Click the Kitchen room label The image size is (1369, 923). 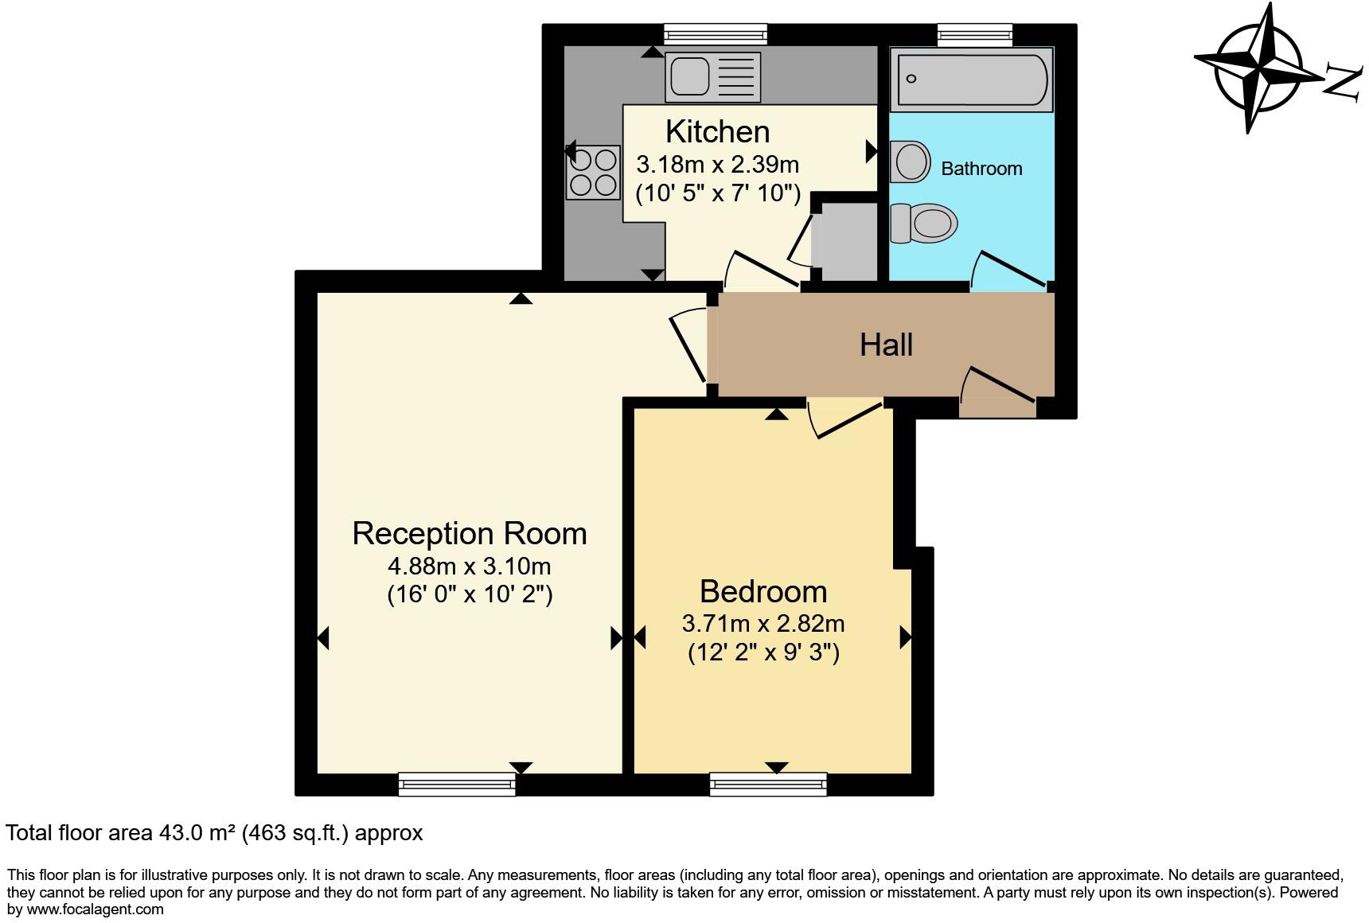click(x=717, y=131)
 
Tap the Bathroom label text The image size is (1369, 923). click(x=981, y=169)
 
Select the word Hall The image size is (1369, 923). click(x=886, y=345)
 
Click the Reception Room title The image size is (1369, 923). click(x=470, y=533)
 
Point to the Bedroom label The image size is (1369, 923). click(x=763, y=591)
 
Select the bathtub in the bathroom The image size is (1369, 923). click(x=972, y=79)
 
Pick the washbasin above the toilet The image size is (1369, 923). click(x=911, y=162)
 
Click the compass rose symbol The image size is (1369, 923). click(x=1258, y=67)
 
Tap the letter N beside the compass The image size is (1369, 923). click(x=1344, y=83)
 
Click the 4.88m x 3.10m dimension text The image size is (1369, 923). click(x=470, y=567)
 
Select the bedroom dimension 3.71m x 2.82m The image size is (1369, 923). click(x=763, y=623)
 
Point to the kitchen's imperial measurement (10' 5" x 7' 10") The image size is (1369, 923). click(x=717, y=193)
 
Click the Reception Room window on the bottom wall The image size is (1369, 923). click(x=457, y=784)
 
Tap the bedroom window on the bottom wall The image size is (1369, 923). click(x=768, y=784)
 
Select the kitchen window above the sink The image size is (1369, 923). click(x=716, y=33)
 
